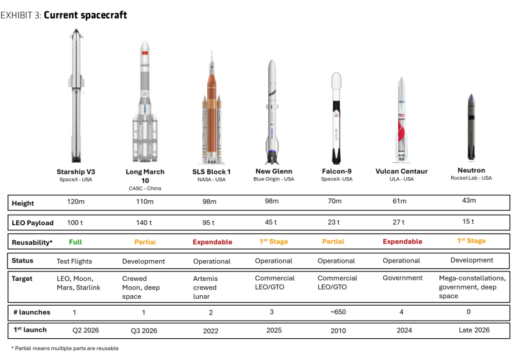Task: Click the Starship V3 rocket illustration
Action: [x=76, y=96]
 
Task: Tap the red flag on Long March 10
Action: [x=145, y=52]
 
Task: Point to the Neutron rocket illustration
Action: [x=471, y=127]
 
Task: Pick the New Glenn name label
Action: [x=274, y=171]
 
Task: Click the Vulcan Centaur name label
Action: [x=401, y=171]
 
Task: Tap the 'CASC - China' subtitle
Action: [x=145, y=188]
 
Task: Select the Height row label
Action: [x=23, y=203]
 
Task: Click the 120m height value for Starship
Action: [x=76, y=202]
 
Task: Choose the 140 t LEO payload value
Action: [x=144, y=223]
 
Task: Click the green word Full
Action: [x=76, y=241]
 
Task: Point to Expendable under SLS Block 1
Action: [x=212, y=241]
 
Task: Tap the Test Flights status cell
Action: [x=74, y=261]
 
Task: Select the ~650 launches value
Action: [x=338, y=312]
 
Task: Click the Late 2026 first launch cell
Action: [x=474, y=330]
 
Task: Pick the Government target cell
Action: [x=403, y=278]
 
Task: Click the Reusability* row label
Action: [x=32, y=243]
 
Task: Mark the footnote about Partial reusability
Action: [x=65, y=348]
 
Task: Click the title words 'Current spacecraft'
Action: [x=86, y=15]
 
